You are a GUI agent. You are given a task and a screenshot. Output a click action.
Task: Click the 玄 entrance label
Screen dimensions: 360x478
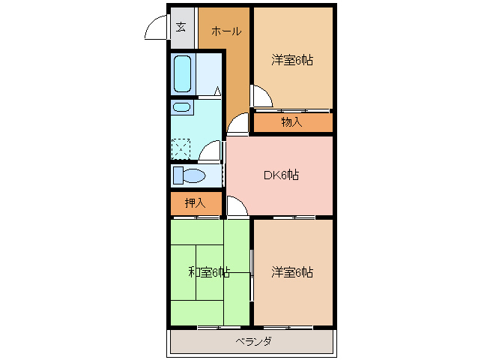point(181,28)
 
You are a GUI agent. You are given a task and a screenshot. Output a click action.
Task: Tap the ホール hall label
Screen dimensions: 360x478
point(226,31)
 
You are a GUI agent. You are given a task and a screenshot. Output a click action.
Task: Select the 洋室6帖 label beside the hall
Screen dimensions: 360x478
point(291,60)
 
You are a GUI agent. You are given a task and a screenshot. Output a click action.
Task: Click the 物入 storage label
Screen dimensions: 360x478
point(291,121)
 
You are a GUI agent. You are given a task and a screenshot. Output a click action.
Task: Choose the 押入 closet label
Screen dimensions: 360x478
point(195,202)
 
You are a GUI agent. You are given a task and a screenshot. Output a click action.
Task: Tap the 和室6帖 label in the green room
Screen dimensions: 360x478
point(208,272)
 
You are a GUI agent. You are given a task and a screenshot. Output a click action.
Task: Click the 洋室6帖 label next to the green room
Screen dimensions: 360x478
point(292,272)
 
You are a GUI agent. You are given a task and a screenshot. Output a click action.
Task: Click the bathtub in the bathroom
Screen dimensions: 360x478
point(184,73)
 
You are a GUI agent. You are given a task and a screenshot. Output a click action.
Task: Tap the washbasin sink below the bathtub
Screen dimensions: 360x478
point(182,107)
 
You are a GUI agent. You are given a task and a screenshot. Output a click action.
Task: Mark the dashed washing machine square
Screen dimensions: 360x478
point(181,148)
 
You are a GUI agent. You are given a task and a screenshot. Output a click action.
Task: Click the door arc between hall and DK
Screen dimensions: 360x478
point(238,124)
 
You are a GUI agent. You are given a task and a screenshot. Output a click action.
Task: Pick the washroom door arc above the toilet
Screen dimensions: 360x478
point(211,150)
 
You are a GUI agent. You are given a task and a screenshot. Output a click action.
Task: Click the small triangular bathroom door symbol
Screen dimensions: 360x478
point(217,91)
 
